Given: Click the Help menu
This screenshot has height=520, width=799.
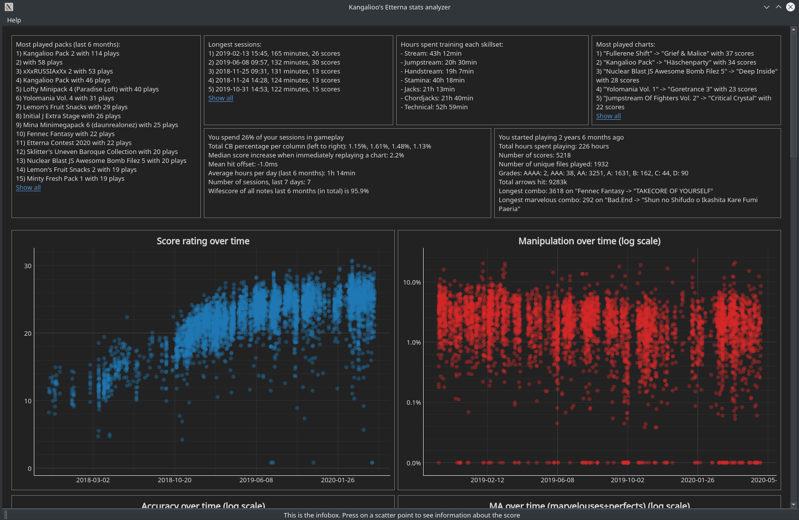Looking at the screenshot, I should (x=14, y=20).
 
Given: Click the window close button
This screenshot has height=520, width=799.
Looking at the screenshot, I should (x=790, y=7).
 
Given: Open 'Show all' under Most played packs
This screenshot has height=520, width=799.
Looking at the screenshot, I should (x=28, y=187).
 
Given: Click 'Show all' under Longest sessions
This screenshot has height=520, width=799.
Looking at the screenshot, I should (x=221, y=98).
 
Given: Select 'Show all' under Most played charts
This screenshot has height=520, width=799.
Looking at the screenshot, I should (x=609, y=116).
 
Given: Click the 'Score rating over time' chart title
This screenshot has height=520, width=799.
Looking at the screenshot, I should (x=203, y=241).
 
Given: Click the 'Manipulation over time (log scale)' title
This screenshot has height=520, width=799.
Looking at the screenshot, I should (x=589, y=241).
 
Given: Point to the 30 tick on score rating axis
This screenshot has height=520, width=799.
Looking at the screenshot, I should (x=28, y=266).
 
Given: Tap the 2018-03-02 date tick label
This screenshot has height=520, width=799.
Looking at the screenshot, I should (x=93, y=480).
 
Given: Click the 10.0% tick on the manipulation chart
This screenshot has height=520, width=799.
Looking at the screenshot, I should (x=412, y=282).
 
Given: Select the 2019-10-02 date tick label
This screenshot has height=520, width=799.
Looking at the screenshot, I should (x=627, y=480).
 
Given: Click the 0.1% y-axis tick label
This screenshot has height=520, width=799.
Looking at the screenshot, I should (x=414, y=402).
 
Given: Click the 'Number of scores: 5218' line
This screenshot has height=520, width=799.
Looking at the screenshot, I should (x=534, y=155).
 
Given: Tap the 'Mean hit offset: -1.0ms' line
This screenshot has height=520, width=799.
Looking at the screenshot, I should (x=243, y=164).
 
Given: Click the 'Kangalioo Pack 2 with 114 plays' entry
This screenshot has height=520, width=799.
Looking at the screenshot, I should (x=68, y=53).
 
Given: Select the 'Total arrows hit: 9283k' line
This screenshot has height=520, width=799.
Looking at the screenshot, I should (x=533, y=182).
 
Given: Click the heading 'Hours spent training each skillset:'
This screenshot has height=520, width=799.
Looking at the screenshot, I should (x=452, y=44).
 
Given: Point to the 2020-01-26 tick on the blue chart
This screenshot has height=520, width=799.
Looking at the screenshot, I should (x=338, y=480).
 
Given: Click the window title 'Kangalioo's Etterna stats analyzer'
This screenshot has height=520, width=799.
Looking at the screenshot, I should (x=399, y=7).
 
